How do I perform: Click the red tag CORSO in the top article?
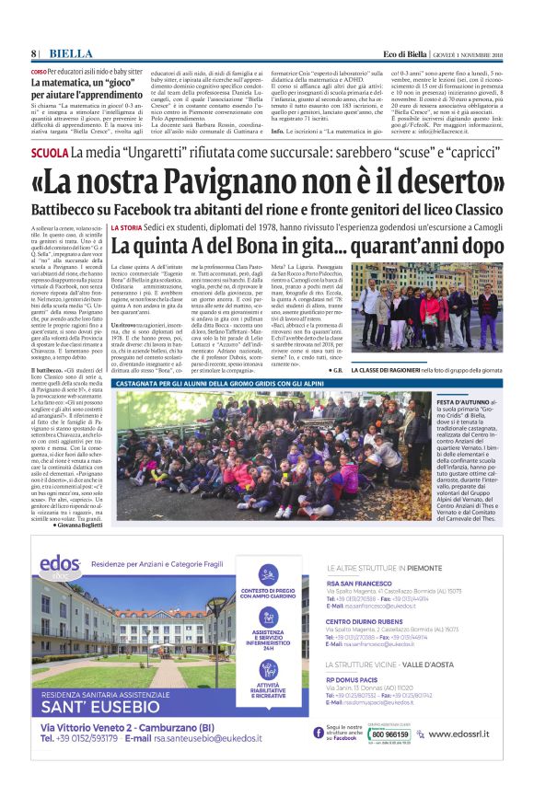[39, 71]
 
